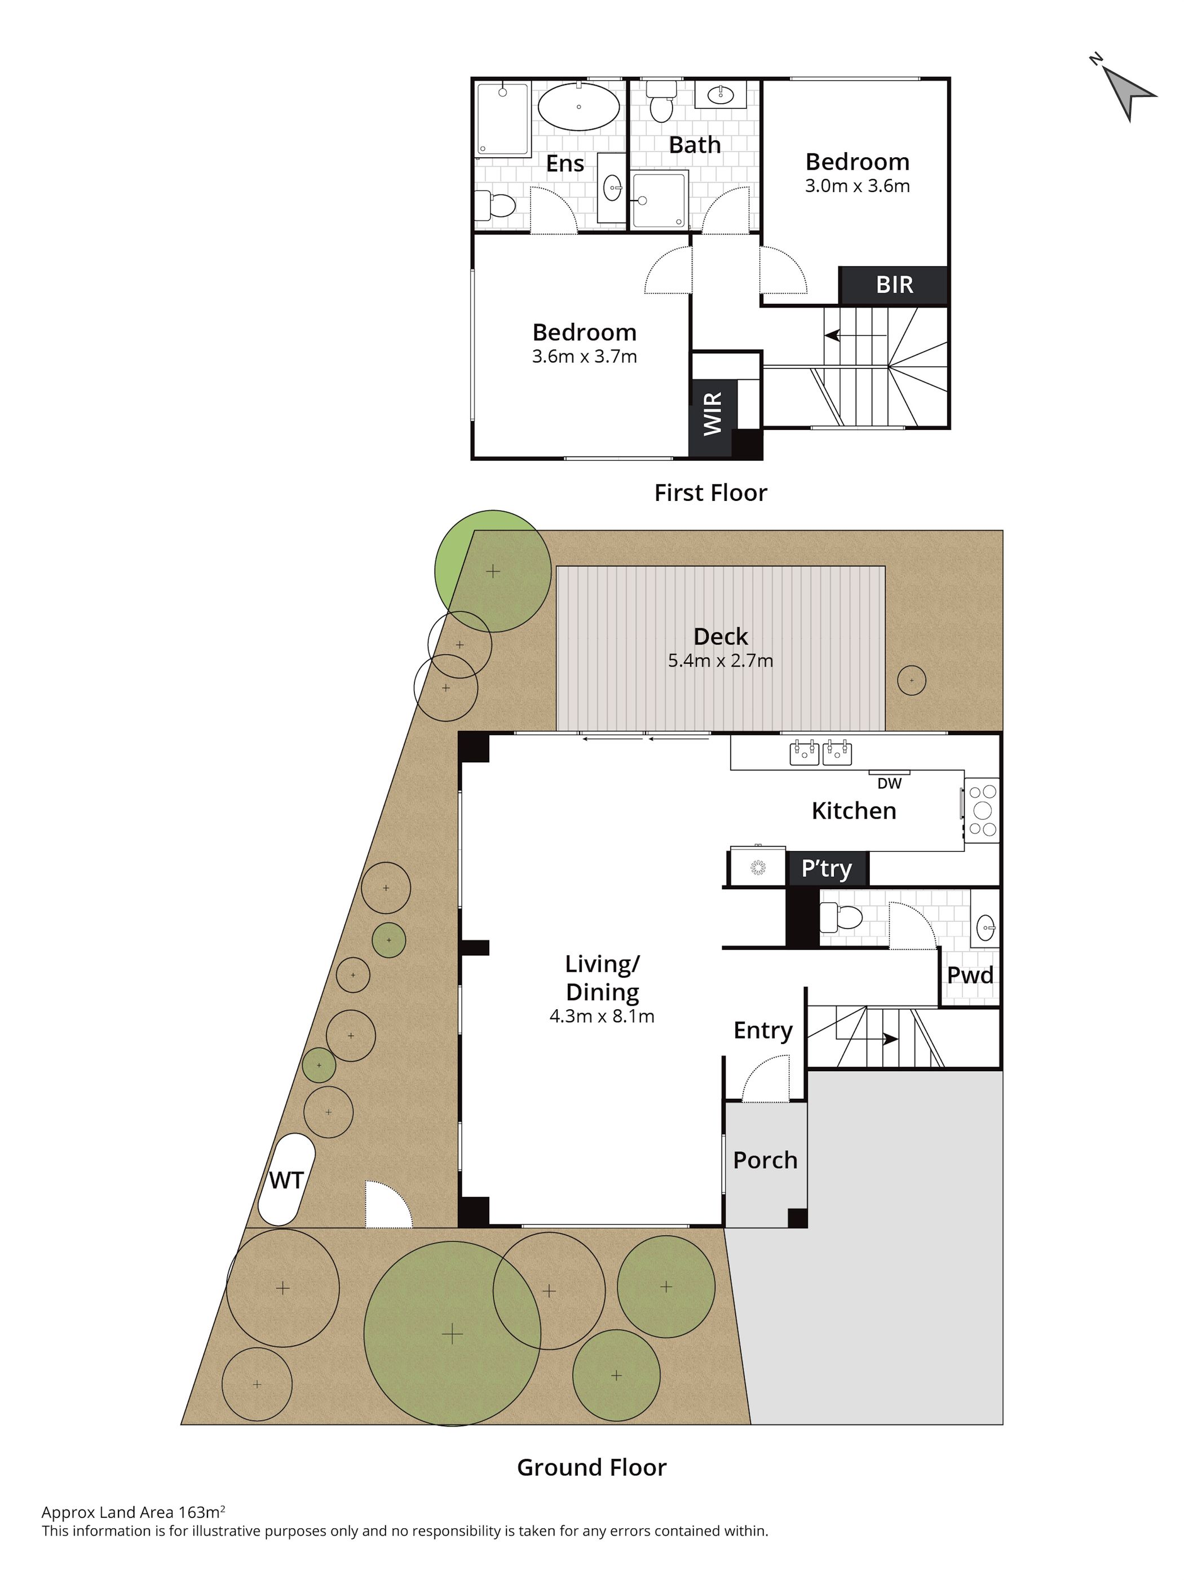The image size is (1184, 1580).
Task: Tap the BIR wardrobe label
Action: click(x=894, y=285)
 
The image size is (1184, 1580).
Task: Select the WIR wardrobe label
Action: click(x=712, y=414)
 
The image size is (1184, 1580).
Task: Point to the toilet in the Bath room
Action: click(x=661, y=101)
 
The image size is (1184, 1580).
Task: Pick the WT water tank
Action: click(x=286, y=1180)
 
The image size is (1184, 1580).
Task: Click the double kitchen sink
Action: click(x=820, y=753)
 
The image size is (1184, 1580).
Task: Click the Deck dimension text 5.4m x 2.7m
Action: click(x=720, y=661)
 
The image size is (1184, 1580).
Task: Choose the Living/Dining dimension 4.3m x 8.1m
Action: click(x=602, y=1016)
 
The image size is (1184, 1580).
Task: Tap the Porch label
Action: click(x=765, y=1160)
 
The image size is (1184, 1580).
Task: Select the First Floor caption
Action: click(x=710, y=493)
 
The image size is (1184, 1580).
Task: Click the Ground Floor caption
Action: click(x=591, y=1467)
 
